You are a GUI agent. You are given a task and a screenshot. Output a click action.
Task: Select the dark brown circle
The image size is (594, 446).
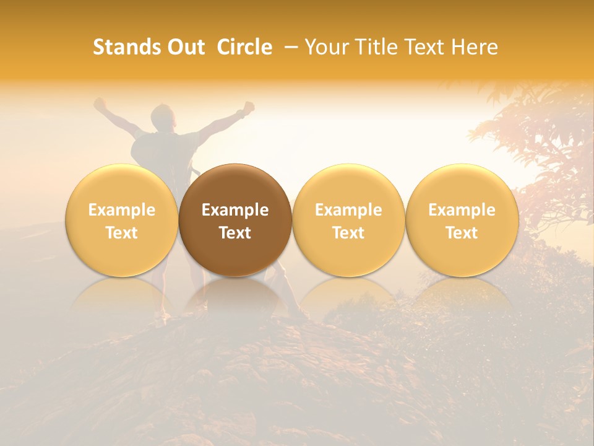click(235, 220)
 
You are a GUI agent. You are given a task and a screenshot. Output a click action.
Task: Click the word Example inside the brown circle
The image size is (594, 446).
click(235, 210)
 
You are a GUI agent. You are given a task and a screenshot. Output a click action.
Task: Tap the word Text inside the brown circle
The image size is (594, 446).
click(235, 233)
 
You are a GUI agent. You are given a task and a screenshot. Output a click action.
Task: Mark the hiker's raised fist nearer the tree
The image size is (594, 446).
click(249, 107)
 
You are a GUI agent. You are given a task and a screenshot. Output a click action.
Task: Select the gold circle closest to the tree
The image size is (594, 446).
click(462, 220)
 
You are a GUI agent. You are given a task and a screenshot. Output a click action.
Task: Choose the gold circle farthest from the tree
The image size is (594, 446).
click(121, 220)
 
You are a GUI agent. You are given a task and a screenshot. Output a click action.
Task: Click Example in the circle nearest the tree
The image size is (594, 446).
click(462, 210)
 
